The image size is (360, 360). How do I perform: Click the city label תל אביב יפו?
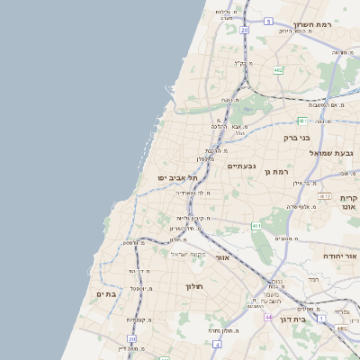tap(178, 178)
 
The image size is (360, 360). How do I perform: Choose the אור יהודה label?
tap(341, 256)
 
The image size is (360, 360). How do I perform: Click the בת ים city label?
tap(106, 294)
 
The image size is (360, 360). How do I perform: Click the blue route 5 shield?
tap(268, 20)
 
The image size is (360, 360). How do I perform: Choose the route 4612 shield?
tap(326, 195)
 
